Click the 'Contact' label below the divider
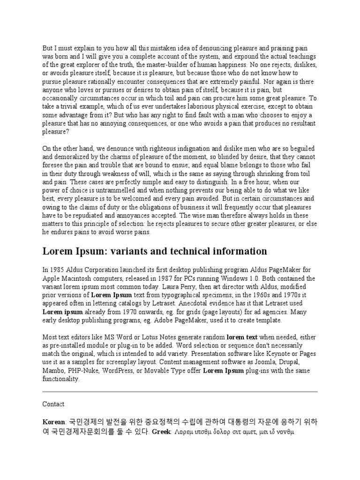(53, 404)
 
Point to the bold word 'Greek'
(162, 430)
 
